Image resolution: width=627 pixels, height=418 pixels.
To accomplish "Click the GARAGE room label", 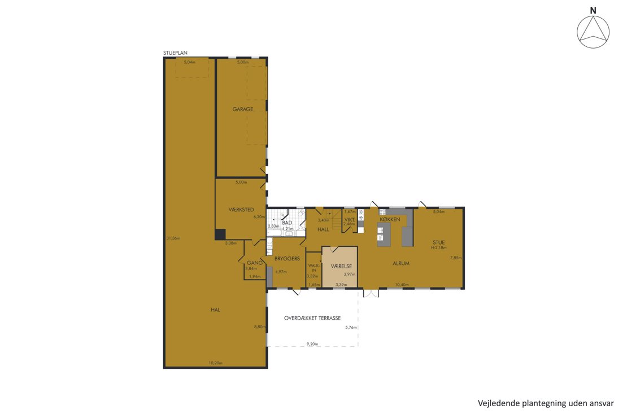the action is pos(243,109).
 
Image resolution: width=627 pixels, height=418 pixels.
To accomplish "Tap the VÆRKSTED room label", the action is pos(241,210).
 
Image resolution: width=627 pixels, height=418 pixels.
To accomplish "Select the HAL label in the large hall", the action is pos(216,310).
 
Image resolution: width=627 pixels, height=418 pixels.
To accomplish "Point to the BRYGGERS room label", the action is pos(287,259).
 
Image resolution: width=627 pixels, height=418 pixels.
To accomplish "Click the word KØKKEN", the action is pos(390,220).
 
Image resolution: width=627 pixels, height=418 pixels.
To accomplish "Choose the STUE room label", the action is pos(439,242).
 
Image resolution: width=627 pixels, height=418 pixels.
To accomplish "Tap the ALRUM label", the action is pos(401,263).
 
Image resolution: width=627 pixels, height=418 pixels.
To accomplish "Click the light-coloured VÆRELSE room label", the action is pos(341,266).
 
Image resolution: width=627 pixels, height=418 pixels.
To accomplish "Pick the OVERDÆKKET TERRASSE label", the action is pos(312,319).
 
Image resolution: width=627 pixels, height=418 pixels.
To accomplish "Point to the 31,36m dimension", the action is pos(173,238).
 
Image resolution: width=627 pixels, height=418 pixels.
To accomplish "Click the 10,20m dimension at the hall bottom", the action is pos(216,363).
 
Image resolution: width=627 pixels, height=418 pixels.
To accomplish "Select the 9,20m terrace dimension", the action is pos(312,343).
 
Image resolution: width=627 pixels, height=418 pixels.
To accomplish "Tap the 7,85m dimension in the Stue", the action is pos(455,258).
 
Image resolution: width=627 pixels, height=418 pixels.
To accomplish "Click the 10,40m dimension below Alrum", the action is pos(402,285).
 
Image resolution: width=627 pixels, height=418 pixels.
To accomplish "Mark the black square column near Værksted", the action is pos(220,234).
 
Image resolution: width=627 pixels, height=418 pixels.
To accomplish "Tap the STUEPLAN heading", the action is pos(175,53).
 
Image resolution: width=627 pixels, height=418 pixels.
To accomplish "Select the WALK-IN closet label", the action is pos(314,268).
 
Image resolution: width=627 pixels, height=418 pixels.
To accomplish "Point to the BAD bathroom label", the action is pos(287,223).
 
